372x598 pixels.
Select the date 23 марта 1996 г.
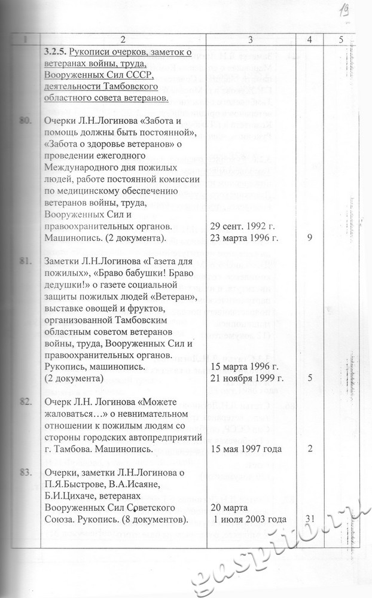245,237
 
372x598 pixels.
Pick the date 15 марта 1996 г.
246,367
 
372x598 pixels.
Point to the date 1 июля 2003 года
250,519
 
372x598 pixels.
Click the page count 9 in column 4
309,237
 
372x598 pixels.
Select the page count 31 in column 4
310,518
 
